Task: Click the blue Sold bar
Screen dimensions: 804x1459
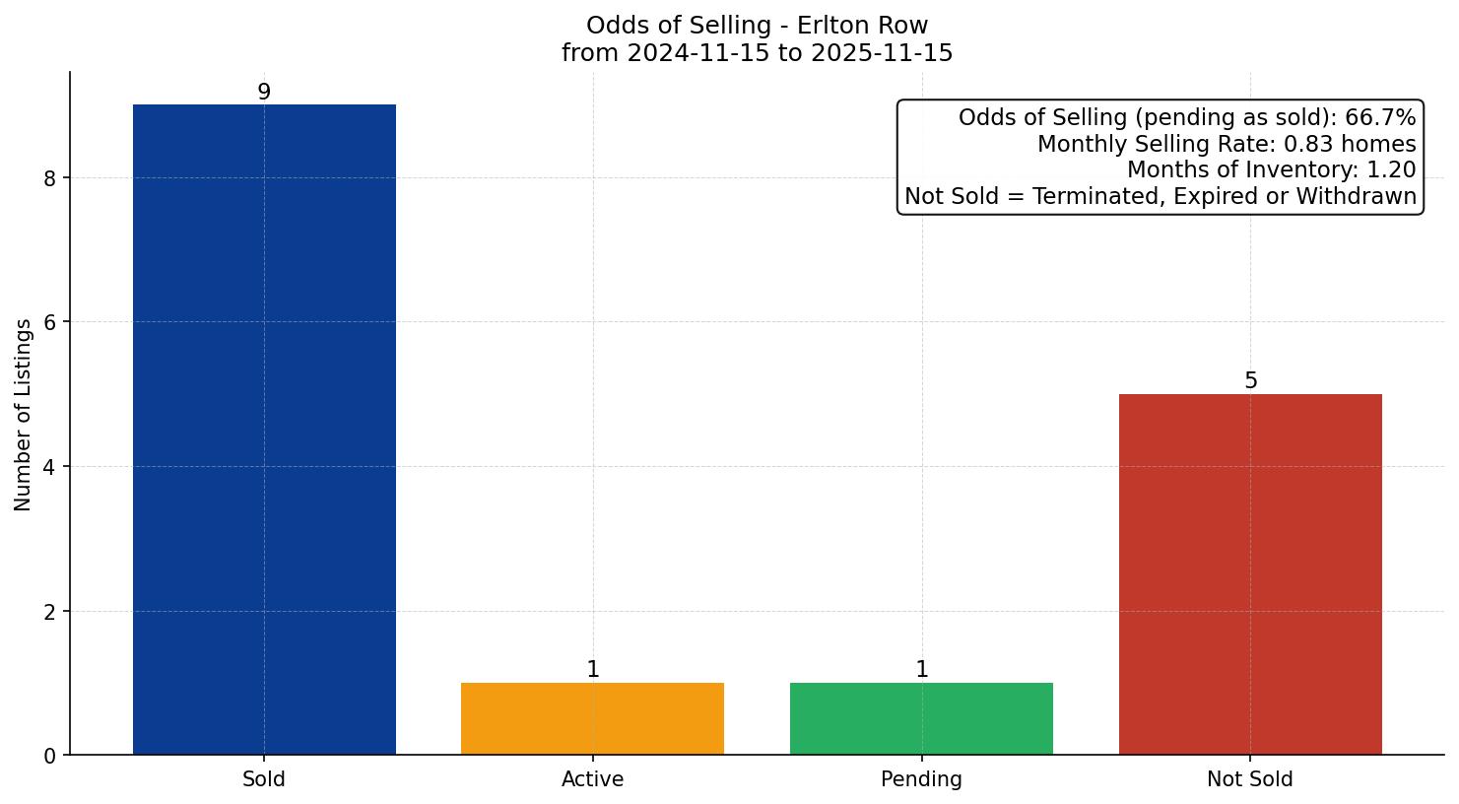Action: (x=264, y=430)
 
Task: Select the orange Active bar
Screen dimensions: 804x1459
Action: (x=592, y=718)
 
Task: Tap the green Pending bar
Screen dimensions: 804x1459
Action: (x=921, y=718)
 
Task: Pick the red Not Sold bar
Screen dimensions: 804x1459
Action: (x=1250, y=574)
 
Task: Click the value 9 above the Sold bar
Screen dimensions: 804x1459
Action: (x=264, y=93)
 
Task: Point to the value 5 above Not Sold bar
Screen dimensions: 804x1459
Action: (x=1250, y=381)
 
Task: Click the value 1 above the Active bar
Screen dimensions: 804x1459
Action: (x=593, y=670)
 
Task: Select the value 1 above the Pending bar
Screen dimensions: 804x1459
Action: (x=922, y=670)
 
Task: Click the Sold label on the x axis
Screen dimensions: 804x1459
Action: (x=264, y=779)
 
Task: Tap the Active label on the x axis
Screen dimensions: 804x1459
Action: (x=592, y=779)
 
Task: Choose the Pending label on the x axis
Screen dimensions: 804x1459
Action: (x=921, y=779)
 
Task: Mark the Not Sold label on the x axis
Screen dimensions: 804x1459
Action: (x=1250, y=779)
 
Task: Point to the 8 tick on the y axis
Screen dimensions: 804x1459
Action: (x=50, y=178)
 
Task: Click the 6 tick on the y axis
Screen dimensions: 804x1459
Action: (x=50, y=322)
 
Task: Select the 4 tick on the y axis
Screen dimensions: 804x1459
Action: (x=50, y=467)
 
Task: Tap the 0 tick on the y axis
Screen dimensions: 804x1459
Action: (x=50, y=756)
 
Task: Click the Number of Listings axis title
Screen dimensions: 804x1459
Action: (x=24, y=414)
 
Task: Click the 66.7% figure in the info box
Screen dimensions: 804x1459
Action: (x=1380, y=118)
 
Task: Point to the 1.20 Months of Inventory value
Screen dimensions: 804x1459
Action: (x=1391, y=170)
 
